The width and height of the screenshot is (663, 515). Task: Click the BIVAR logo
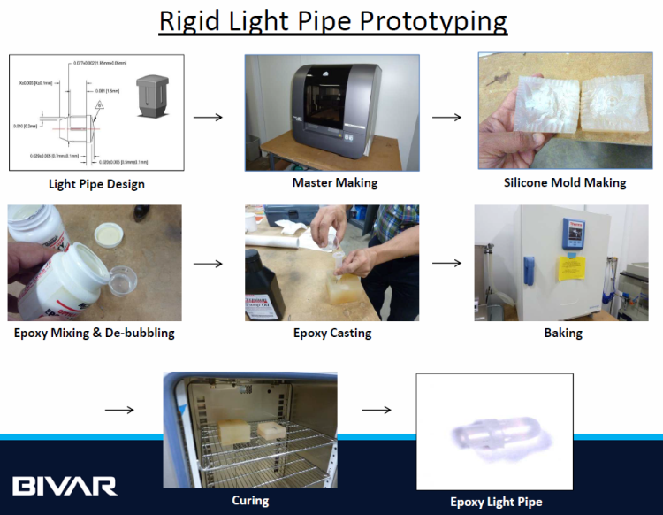coord(65,485)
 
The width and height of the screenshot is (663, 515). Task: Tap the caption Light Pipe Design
coord(97,184)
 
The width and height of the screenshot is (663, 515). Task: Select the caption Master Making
coord(335,182)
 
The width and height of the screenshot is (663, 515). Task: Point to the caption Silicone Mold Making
coord(565,182)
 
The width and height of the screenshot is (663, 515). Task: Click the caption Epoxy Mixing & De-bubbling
coord(94,333)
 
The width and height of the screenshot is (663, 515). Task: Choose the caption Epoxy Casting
coord(332,333)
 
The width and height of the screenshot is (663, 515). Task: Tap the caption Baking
coord(563,333)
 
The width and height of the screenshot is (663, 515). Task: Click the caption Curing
coord(250,500)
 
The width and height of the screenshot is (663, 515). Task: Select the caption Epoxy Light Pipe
coord(496,502)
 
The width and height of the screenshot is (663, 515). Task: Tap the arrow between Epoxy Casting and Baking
coord(447,263)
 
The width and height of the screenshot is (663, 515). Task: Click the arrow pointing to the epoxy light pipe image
coord(377,410)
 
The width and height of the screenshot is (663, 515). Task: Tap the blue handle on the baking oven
coord(529,267)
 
